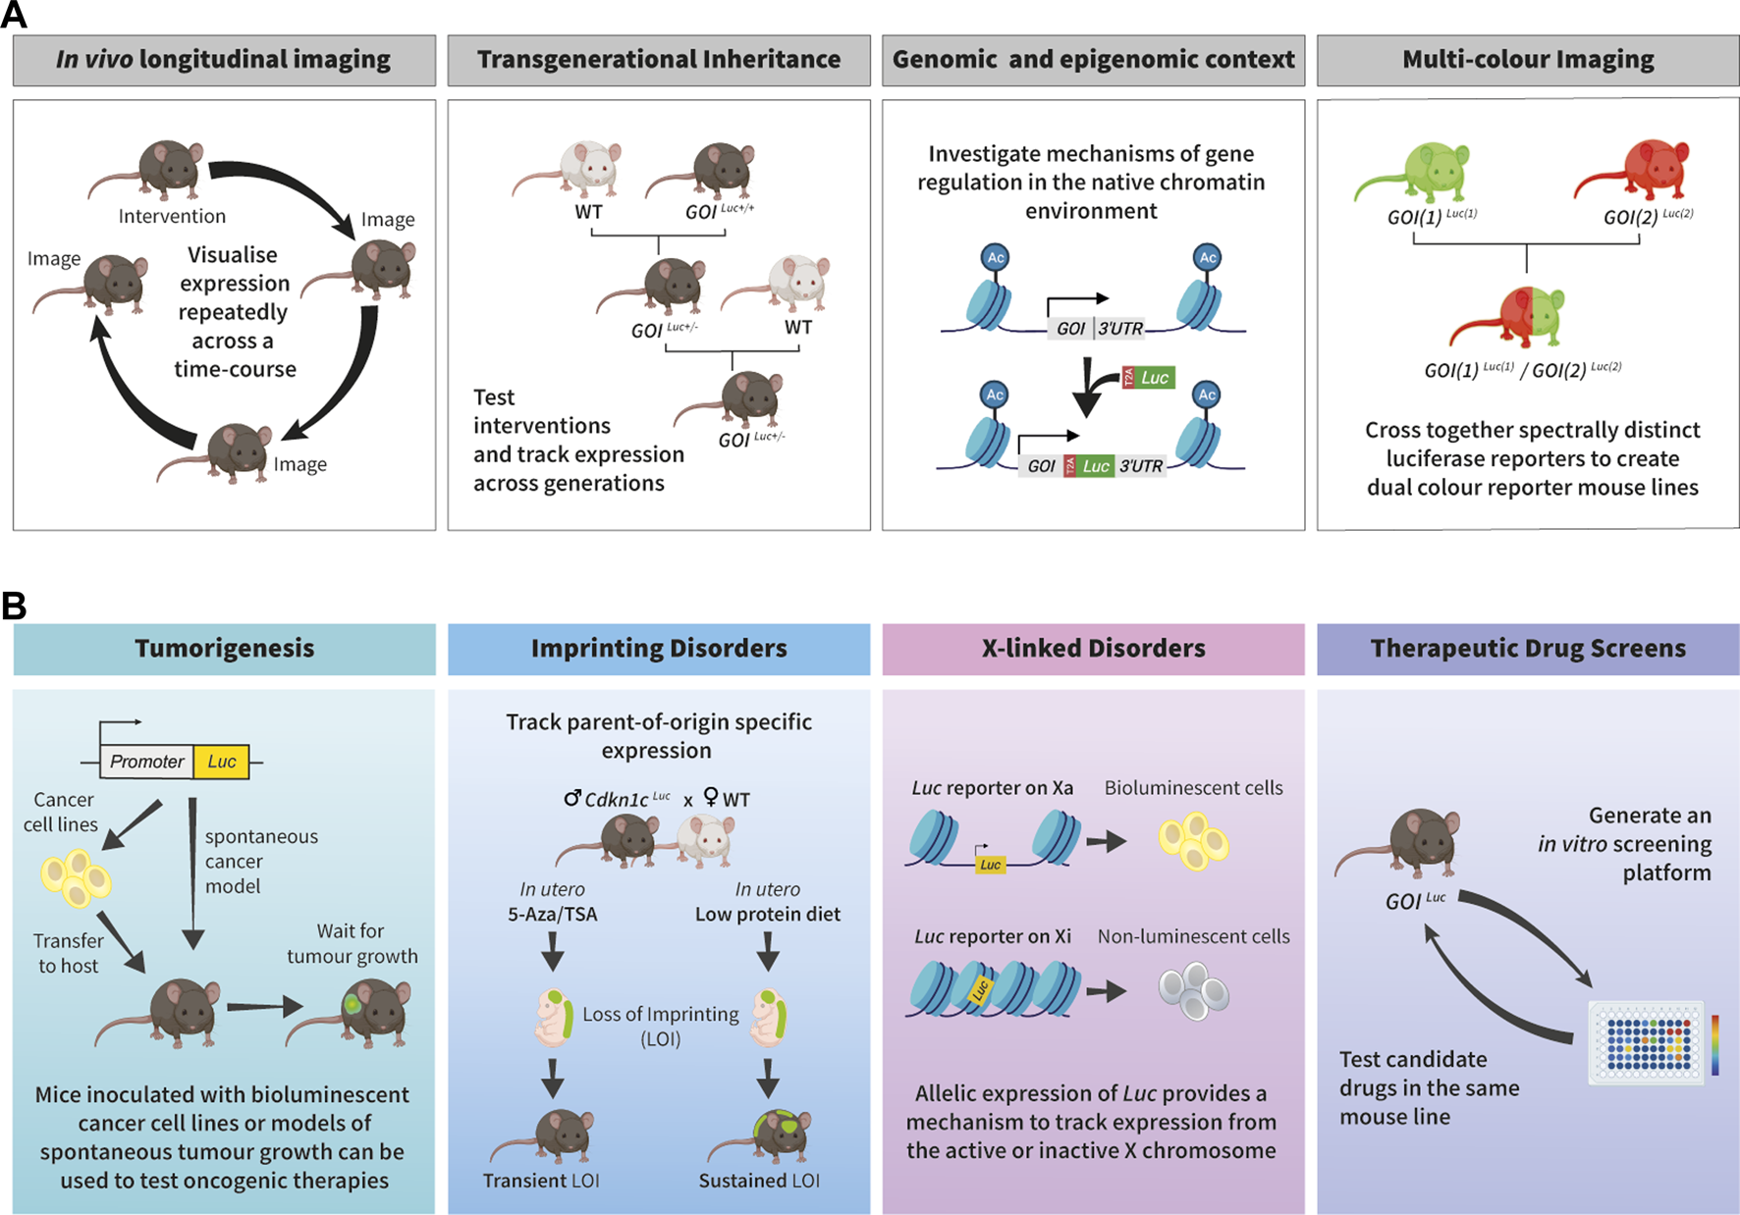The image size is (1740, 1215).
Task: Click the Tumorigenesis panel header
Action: [224, 649]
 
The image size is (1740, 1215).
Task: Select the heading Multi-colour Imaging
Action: [1528, 60]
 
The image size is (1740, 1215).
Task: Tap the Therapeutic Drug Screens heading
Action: [1528, 649]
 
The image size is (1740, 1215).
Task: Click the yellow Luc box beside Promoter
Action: [221, 762]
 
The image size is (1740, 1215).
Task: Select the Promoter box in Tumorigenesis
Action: [147, 762]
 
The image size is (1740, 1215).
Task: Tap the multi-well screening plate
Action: [1646, 1043]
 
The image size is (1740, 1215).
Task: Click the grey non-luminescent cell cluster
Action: [1193, 990]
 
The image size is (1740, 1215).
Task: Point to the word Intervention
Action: [172, 217]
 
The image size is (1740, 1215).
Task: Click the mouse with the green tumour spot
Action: [355, 1011]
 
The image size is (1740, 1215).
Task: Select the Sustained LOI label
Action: [759, 1181]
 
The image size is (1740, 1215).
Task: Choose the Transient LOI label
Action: [541, 1181]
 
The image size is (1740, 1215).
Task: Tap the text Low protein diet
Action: [768, 915]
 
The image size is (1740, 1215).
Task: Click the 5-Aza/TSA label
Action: [552, 915]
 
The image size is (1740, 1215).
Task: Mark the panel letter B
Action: [14, 606]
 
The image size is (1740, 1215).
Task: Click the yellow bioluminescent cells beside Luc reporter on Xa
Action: [1193, 841]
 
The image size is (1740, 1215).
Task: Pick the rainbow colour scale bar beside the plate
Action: [1714, 1044]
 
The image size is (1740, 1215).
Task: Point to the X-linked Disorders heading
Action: [1093, 649]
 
